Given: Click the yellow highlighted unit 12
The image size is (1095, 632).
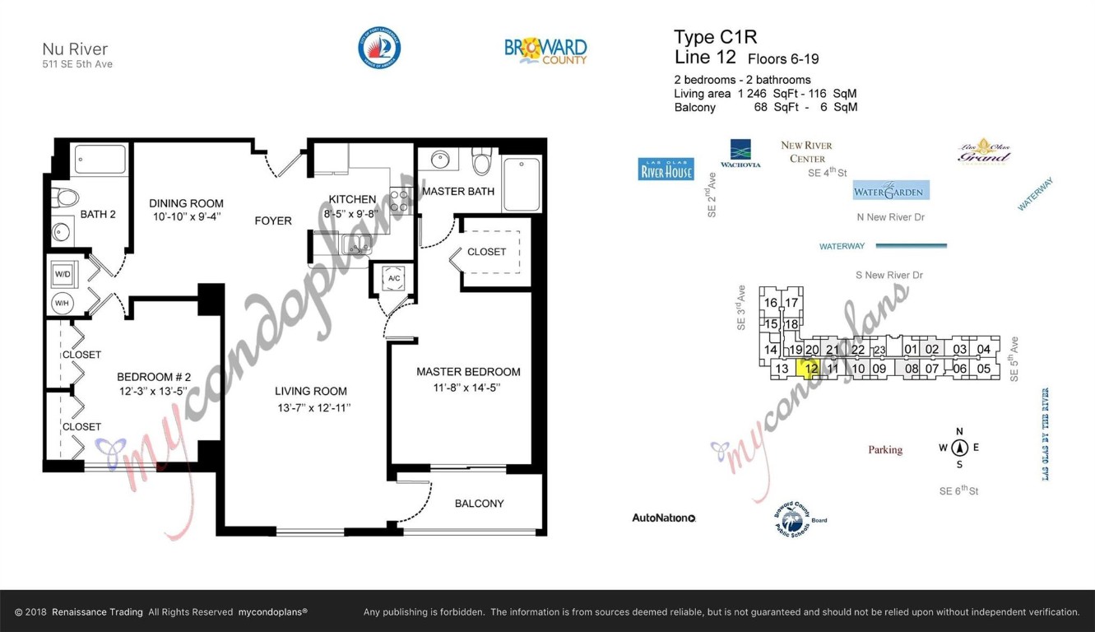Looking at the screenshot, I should pos(811,368).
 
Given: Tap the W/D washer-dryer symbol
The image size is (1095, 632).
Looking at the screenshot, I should pos(63,274).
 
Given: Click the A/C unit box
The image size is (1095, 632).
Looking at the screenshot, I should pos(394,278).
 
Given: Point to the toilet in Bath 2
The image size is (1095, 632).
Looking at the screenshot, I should pos(66,197).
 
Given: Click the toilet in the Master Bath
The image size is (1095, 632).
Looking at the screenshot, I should pos(482,161).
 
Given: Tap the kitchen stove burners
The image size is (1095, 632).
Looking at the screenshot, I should pos(401,200).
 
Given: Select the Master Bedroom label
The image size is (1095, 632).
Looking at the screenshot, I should pos(468,372).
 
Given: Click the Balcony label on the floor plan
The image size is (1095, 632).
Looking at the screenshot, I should pos(479,503).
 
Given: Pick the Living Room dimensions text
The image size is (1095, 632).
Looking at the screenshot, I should pos(313,408).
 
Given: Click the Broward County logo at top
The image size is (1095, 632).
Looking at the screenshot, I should pos(545,50).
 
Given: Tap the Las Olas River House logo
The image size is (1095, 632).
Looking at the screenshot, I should pos(666,169).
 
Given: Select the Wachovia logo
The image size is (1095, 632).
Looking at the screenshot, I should pos(740,153).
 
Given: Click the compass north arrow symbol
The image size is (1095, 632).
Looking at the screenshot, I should pos(959,448).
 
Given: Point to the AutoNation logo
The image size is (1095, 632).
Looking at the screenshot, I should pos(664,518).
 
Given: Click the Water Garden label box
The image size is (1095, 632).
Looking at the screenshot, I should pos(891,191).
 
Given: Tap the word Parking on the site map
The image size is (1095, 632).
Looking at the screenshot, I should pos(885,450).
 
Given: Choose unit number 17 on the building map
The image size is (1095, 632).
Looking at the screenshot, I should pos(791,303).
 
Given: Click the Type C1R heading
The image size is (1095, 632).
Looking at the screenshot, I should pos(715,37).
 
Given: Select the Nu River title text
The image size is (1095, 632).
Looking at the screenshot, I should pos(75,49).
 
